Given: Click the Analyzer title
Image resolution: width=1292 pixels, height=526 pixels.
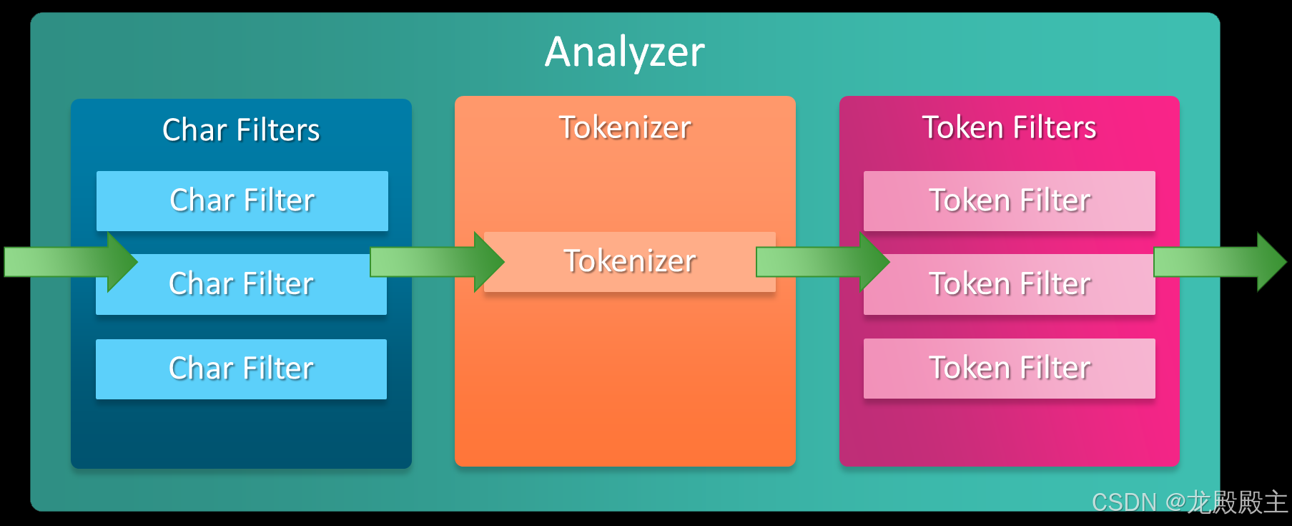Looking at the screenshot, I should click(x=624, y=52).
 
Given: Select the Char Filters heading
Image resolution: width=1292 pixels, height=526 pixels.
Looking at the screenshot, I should click(x=241, y=130).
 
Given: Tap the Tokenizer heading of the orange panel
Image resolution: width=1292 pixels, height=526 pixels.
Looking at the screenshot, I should click(x=624, y=127).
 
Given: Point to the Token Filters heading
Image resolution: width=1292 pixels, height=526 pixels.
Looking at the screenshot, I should click(x=1009, y=127).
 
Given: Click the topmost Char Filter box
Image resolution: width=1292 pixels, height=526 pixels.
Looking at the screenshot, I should click(x=242, y=200).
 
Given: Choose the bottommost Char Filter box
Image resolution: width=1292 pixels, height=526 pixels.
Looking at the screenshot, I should click(x=241, y=369).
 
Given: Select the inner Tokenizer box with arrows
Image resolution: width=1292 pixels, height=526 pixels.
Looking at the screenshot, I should click(x=629, y=261).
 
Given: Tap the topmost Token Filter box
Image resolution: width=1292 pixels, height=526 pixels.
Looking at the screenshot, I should click(x=1009, y=200).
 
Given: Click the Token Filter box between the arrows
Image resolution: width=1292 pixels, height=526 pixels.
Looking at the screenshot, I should click(x=1009, y=285).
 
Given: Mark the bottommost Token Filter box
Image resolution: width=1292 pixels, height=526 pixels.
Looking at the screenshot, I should click(x=1009, y=368).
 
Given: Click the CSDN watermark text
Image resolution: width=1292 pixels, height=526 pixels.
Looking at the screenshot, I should click(x=1123, y=502).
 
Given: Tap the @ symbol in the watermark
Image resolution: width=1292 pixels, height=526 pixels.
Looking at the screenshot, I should click(x=1175, y=502).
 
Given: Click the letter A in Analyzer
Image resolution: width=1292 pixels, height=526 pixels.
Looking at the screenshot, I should click(x=560, y=52).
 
